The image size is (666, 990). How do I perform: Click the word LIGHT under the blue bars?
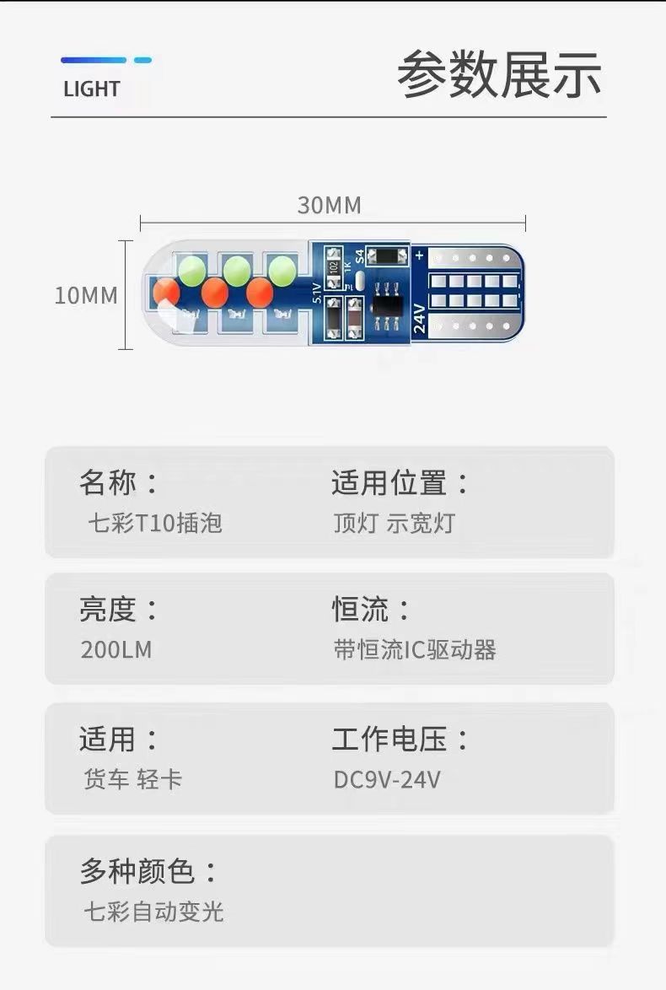[x=91, y=89]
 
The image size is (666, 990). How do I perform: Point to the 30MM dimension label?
[x=329, y=205]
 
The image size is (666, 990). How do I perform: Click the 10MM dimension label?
[x=86, y=296]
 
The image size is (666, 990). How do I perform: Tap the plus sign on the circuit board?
[x=418, y=254]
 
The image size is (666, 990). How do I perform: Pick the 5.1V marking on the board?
[x=317, y=292]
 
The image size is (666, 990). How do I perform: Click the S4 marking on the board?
[x=358, y=255]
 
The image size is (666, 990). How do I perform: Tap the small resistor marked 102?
[x=334, y=264]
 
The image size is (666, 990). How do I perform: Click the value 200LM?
[x=116, y=649]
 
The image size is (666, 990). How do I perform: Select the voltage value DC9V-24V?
[x=387, y=779]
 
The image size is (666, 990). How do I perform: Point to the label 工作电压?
[x=400, y=740]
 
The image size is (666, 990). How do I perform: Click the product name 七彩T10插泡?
[x=155, y=523]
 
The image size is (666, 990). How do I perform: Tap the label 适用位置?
[x=400, y=483]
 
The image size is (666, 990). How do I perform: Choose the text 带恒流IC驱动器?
[x=414, y=649]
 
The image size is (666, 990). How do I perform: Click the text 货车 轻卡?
[x=132, y=779]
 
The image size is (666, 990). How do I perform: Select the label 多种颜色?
[x=148, y=871]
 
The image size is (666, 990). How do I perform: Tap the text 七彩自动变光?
[x=153, y=912]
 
